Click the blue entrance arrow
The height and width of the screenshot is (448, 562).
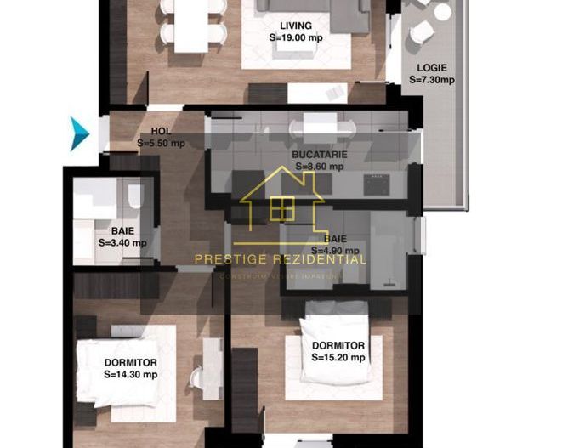pos(79,133)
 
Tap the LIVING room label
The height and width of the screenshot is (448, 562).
pos(295,26)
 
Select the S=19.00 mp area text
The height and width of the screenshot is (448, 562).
pos(295,38)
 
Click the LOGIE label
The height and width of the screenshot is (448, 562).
pos(432,67)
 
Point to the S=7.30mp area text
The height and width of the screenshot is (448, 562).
pos(432,80)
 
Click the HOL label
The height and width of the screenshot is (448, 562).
pos(160,131)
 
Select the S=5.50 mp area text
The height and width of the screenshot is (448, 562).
pos(161,143)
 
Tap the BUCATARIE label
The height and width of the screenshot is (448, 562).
pos(318,156)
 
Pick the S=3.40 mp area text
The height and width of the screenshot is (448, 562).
pos(122,242)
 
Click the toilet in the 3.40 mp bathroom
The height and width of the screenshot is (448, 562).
pos(134,197)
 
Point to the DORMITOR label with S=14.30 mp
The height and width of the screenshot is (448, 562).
pos(130,362)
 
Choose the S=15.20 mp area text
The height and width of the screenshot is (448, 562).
pos(338,358)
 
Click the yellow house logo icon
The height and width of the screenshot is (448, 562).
pos(281,204)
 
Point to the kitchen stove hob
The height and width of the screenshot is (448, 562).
pos(376,183)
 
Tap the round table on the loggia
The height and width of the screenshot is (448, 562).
pos(441,12)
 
